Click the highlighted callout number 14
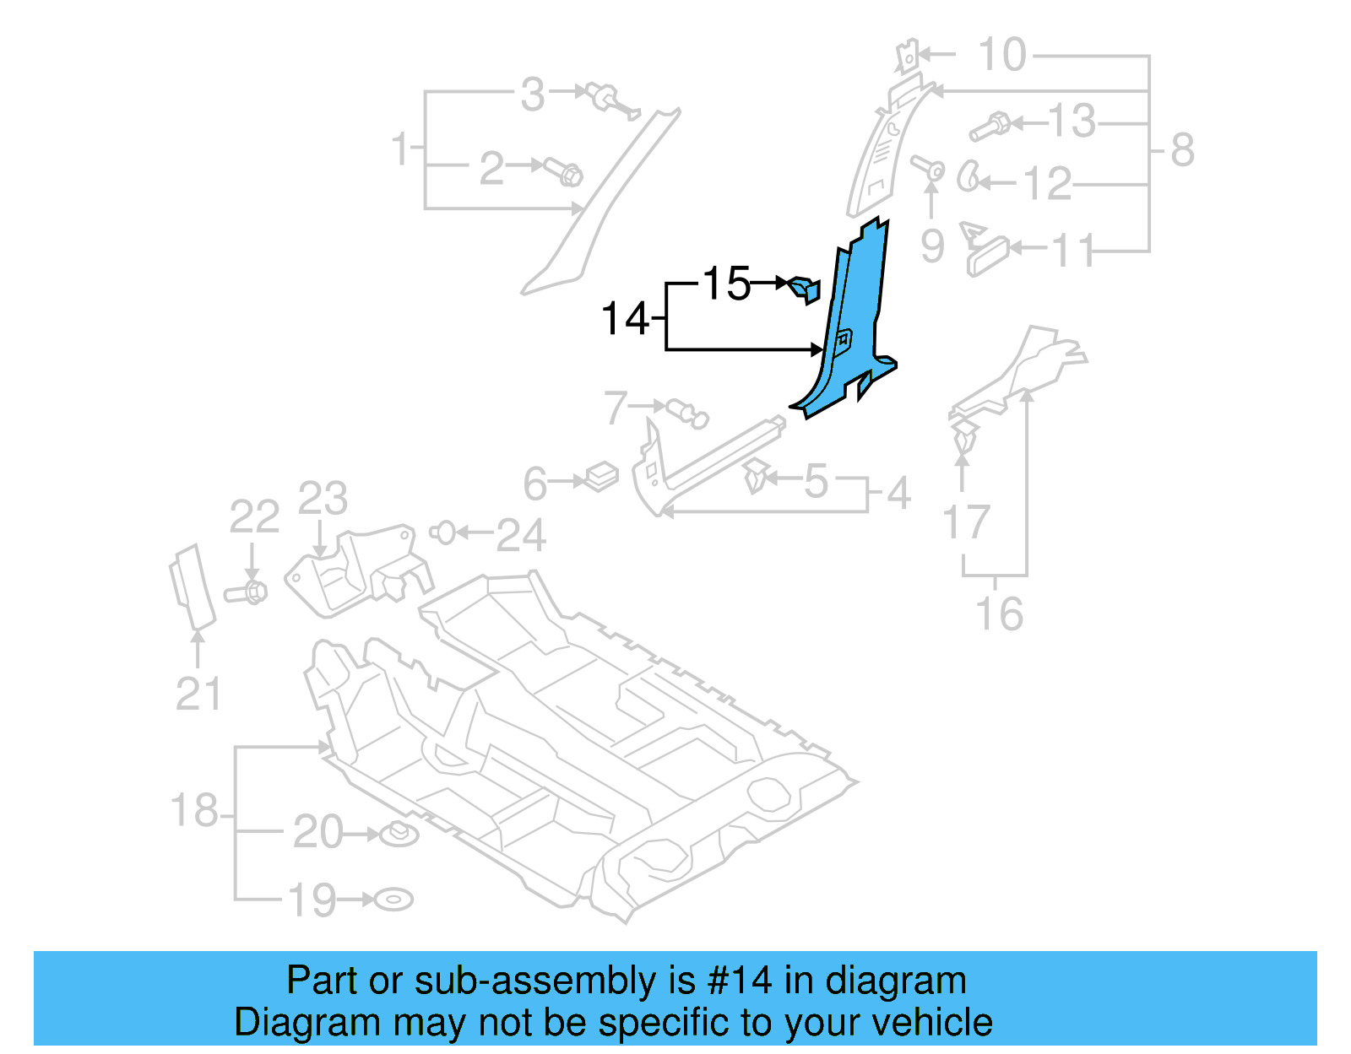pyautogui.click(x=625, y=320)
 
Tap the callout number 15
pyautogui.click(x=726, y=284)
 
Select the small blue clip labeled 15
pyautogui.click(x=805, y=289)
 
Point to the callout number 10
pyautogui.click(x=1001, y=56)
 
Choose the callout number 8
pyautogui.click(x=1182, y=151)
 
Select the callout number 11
pyautogui.click(x=1072, y=251)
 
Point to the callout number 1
pyautogui.click(x=400, y=150)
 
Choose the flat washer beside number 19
pyautogui.click(x=393, y=900)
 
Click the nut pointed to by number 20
pyautogui.click(x=399, y=835)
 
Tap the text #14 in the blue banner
pyautogui.click(x=739, y=981)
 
